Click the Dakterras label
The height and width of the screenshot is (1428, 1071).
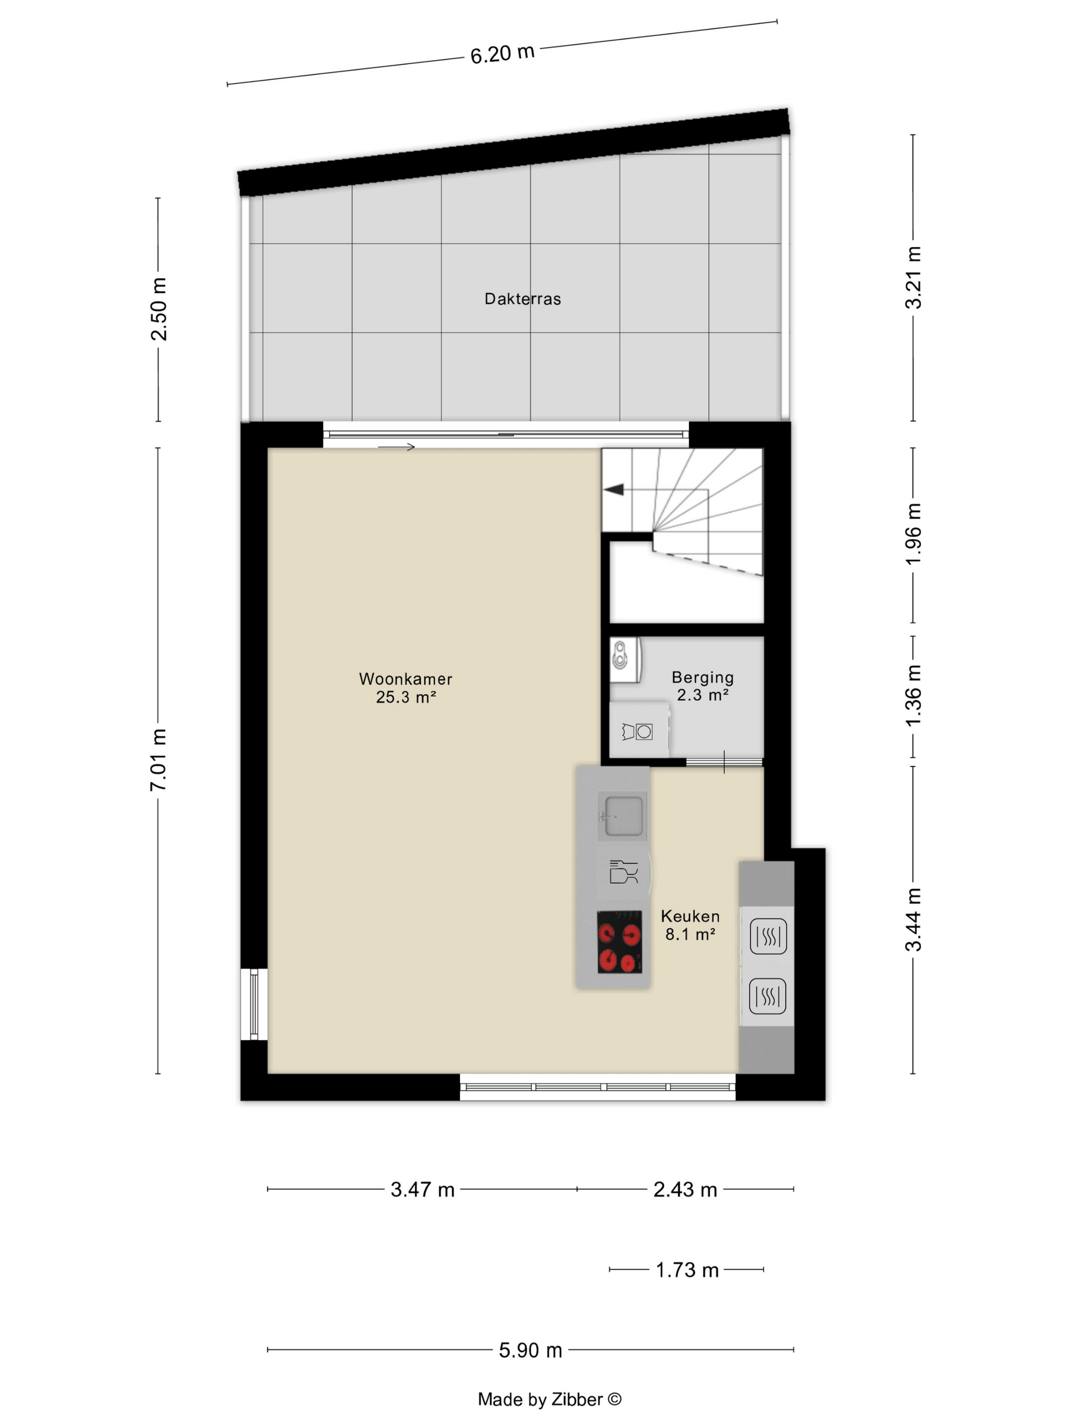[522, 299]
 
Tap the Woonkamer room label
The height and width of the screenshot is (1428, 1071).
[405, 679]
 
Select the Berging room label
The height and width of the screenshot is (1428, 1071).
[702, 678]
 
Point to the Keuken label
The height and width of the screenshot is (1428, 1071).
[690, 916]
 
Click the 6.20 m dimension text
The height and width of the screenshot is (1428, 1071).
[502, 54]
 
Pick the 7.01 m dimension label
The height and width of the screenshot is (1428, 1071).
[158, 759]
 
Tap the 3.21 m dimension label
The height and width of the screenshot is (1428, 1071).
[913, 277]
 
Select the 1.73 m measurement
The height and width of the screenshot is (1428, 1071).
[687, 1270]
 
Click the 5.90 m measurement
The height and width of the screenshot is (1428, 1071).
[530, 1350]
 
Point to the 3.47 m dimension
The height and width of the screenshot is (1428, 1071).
[422, 1189]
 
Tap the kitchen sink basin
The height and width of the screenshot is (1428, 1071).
[622, 816]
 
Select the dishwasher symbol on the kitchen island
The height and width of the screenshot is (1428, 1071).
[623, 872]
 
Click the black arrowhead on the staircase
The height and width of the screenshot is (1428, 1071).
[614, 490]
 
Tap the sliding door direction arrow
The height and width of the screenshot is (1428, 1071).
[396, 447]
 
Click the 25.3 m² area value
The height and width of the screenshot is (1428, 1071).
[405, 697]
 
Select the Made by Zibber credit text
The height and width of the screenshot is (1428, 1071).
[549, 1399]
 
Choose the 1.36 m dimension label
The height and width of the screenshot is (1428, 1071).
[913, 696]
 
